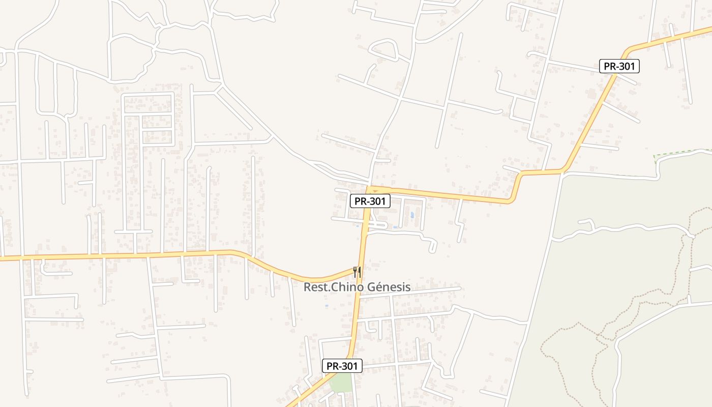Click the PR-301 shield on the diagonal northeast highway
click(619, 66)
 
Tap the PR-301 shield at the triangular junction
click(370, 201)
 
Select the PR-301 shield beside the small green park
click(342, 366)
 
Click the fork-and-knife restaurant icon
click(357, 272)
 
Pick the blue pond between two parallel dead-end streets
click(412, 215)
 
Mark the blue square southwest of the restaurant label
click(326, 306)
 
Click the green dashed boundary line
click(681, 152)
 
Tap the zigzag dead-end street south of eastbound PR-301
click(460, 221)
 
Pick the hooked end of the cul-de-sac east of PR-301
click(433, 246)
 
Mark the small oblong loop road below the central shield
click(377, 224)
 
